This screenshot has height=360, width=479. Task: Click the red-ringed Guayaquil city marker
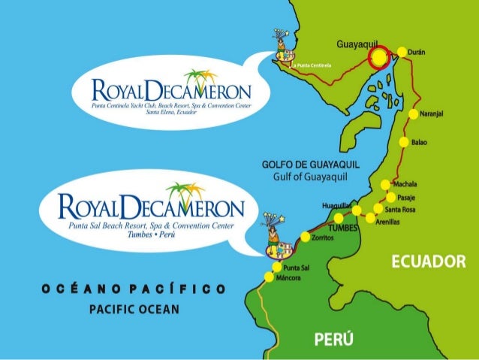tap(381, 57)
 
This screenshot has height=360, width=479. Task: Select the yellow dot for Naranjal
tap(414, 115)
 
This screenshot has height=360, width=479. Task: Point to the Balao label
tap(418, 142)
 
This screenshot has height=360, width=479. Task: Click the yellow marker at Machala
tap(385, 184)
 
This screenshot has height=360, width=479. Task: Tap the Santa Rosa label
tap(400, 210)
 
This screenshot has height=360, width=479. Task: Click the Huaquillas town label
tap(336, 204)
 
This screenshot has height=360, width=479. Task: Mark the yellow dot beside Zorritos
tap(305, 237)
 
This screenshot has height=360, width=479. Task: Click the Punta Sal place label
tap(297, 267)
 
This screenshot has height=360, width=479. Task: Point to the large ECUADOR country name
tap(429, 261)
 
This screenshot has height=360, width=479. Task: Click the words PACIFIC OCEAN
tap(134, 309)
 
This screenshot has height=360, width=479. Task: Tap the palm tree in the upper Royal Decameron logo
tap(198, 78)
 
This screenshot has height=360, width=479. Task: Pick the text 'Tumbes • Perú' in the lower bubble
tap(149, 235)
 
